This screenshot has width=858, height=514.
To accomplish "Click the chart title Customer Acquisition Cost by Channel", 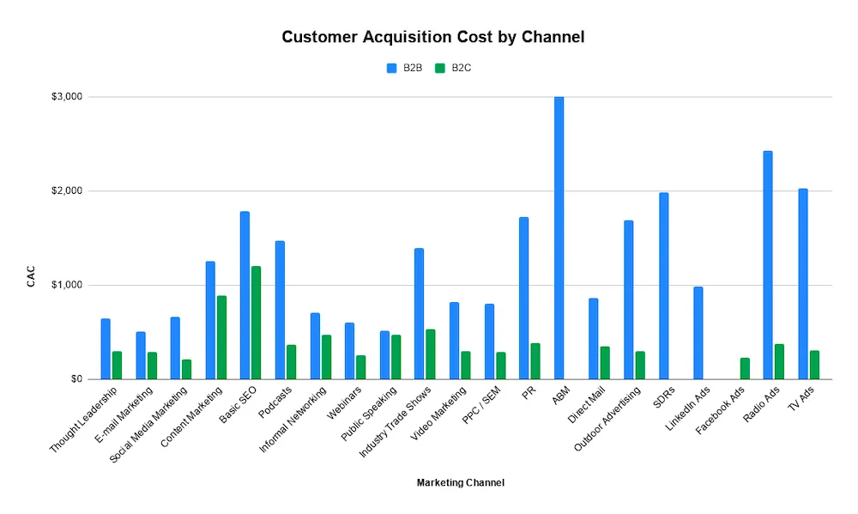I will coord(433,38).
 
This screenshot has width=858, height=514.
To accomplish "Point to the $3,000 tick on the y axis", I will coord(66,97).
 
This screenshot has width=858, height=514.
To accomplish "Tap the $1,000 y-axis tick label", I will coord(66,285).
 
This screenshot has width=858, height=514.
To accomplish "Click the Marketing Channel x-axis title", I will coord(460,483).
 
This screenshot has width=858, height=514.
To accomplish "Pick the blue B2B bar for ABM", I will coord(559,238).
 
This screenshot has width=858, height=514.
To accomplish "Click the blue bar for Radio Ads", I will coord(768,265).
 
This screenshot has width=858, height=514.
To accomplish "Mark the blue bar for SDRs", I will coord(663,286).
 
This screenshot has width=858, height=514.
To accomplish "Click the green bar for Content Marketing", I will coord(221,337).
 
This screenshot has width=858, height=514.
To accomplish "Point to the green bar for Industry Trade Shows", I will coord(431,354).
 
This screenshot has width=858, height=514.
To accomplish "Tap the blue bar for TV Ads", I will coord(802,284).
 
